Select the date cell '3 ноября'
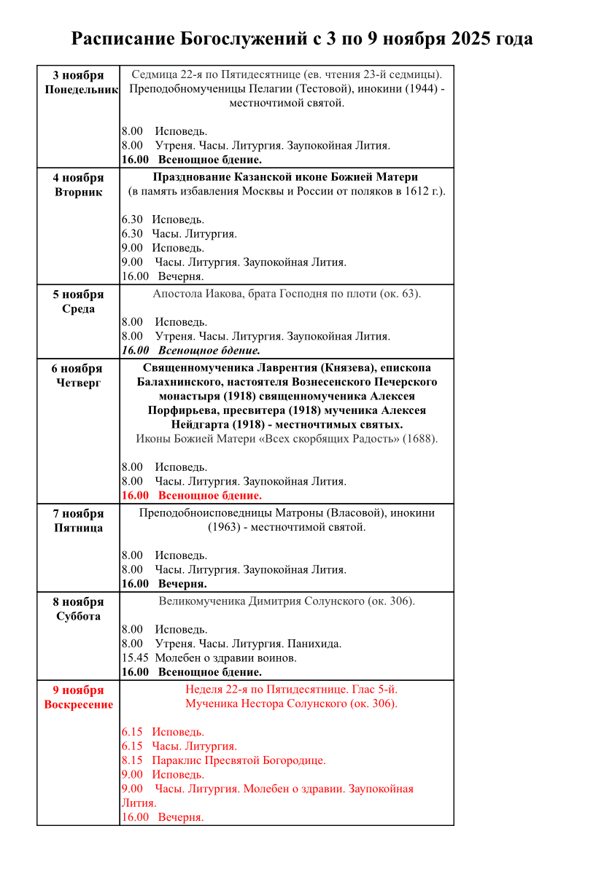click(x=78, y=76)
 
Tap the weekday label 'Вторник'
click(x=78, y=192)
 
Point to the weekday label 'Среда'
click(x=78, y=309)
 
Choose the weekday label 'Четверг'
click(x=78, y=383)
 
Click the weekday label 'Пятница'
click(x=78, y=528)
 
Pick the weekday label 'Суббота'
click(x=78, y=617)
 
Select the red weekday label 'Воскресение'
click(x=78, y=705)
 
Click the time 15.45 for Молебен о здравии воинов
click(x=135, y=658)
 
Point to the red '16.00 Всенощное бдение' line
click(x=192, y=496)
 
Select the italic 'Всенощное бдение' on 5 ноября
click(x=209, y=351)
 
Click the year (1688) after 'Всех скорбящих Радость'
click(x=421, y=439)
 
